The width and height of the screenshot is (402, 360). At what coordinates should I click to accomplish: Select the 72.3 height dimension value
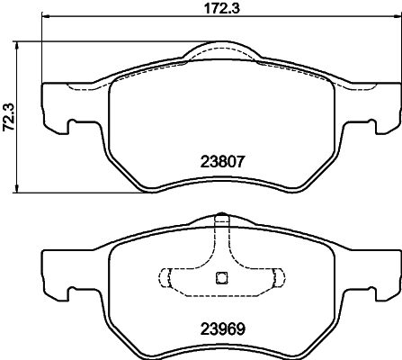tap(9, 116)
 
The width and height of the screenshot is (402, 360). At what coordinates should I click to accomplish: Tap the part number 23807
tap(221, 164)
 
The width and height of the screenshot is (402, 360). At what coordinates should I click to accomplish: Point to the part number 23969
tap(221, 328)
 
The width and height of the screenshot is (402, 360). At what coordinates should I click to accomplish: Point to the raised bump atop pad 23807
tap(221, 50)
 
